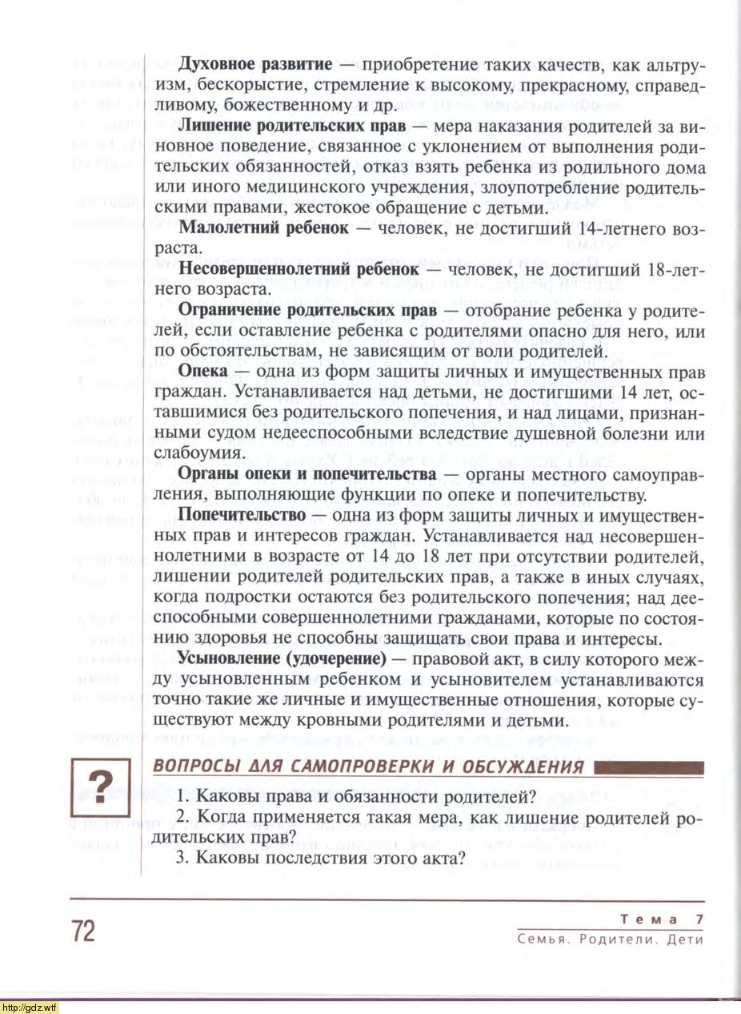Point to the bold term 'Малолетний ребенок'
click(263, 227)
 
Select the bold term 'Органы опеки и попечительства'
click(306, 475)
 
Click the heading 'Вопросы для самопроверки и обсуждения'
click(368, 766)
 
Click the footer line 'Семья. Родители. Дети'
click(610, 940)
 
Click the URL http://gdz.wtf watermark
click(30, 1007)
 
